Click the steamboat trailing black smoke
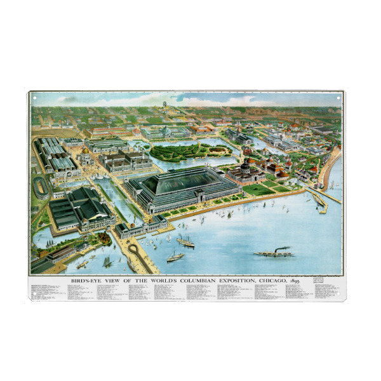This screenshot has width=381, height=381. coord(274,252)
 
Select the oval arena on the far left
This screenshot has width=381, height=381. coord(41,187)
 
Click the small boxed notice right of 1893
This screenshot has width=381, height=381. coord(317,279)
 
